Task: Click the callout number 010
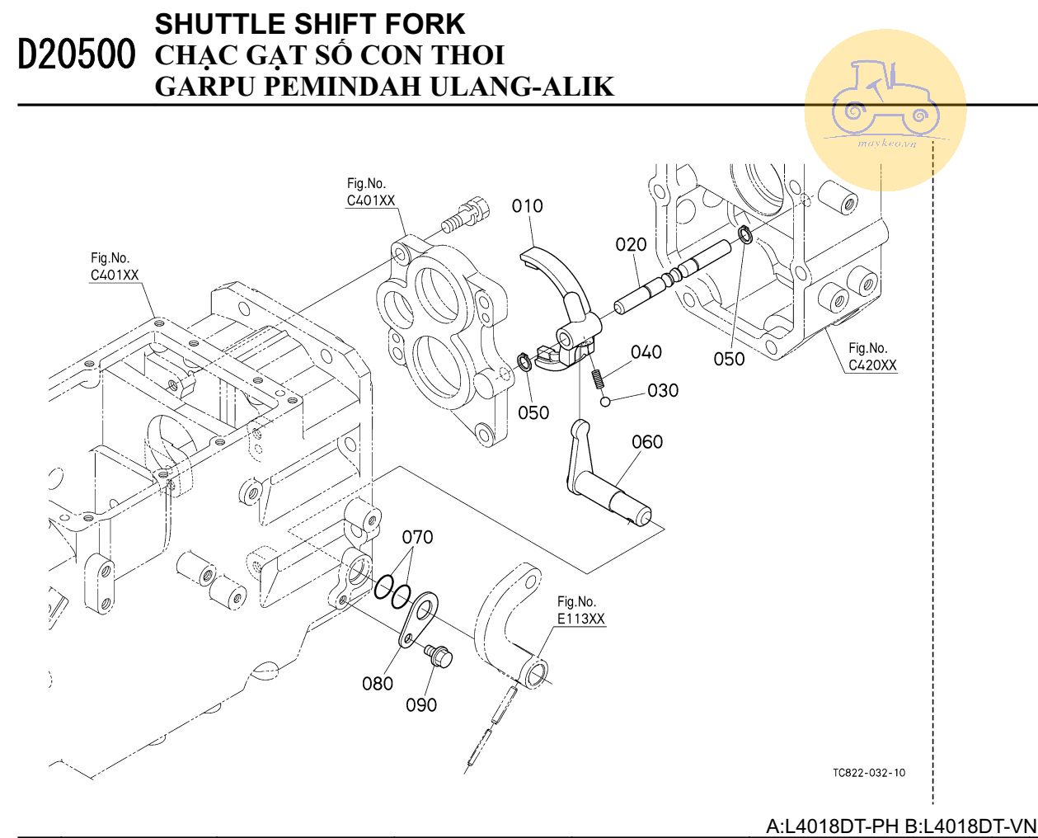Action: [x=528, y=205]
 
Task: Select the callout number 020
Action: [x=632, y=244]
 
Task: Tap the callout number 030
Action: [x=663, y=390]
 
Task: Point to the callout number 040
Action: [x=646, y=352]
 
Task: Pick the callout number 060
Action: [x=647, y=442]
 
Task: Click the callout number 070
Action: [x=417, y=538]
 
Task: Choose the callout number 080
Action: [x=378, y=683]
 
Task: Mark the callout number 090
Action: [x=421, y=705]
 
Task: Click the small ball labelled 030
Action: [x=605, y=402]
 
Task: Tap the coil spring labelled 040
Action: [x=597, y=378]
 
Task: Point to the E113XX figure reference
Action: [x=581, y=619]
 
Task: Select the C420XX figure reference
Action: [x=872, y=365]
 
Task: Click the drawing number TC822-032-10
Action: [x=869, y=773]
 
